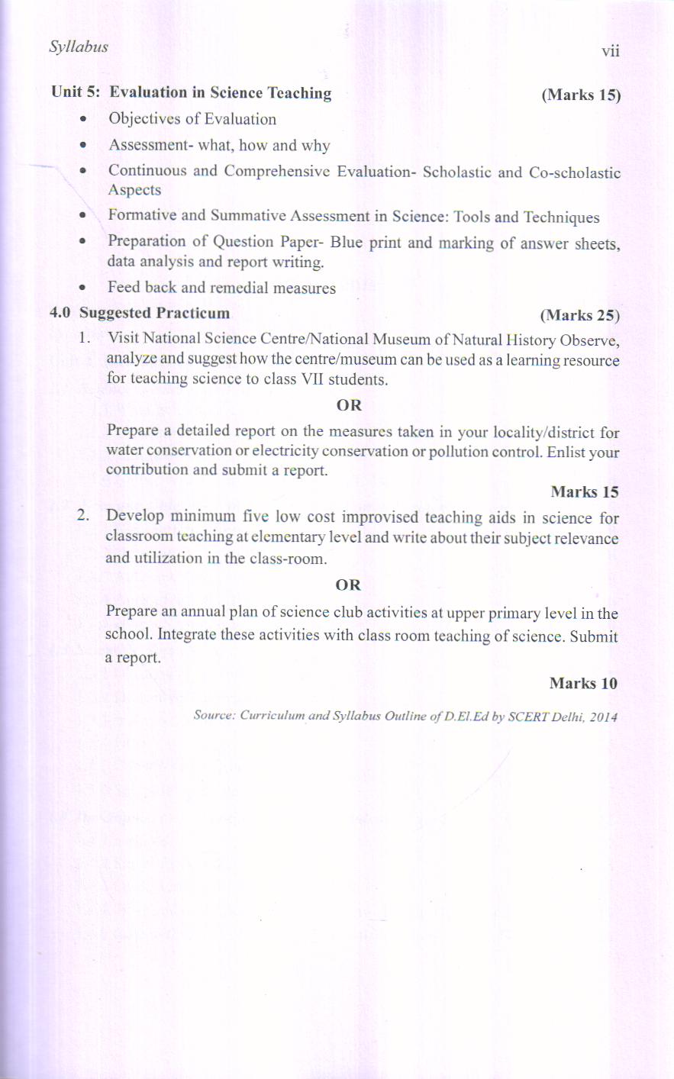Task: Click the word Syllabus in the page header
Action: point(79,47)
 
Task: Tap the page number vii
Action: point(610,51)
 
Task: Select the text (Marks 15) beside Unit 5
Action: point(581,95)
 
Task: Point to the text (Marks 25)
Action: point(579,315)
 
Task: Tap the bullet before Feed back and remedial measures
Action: point(82,288)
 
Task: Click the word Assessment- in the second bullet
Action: point(150,145)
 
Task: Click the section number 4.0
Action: point(60,313)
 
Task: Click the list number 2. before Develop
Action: point(84,516)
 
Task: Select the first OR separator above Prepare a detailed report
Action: point(349,405)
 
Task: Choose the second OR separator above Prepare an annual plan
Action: point(347,585)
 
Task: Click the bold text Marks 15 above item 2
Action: point(584,492)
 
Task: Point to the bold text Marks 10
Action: point(583,683)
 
